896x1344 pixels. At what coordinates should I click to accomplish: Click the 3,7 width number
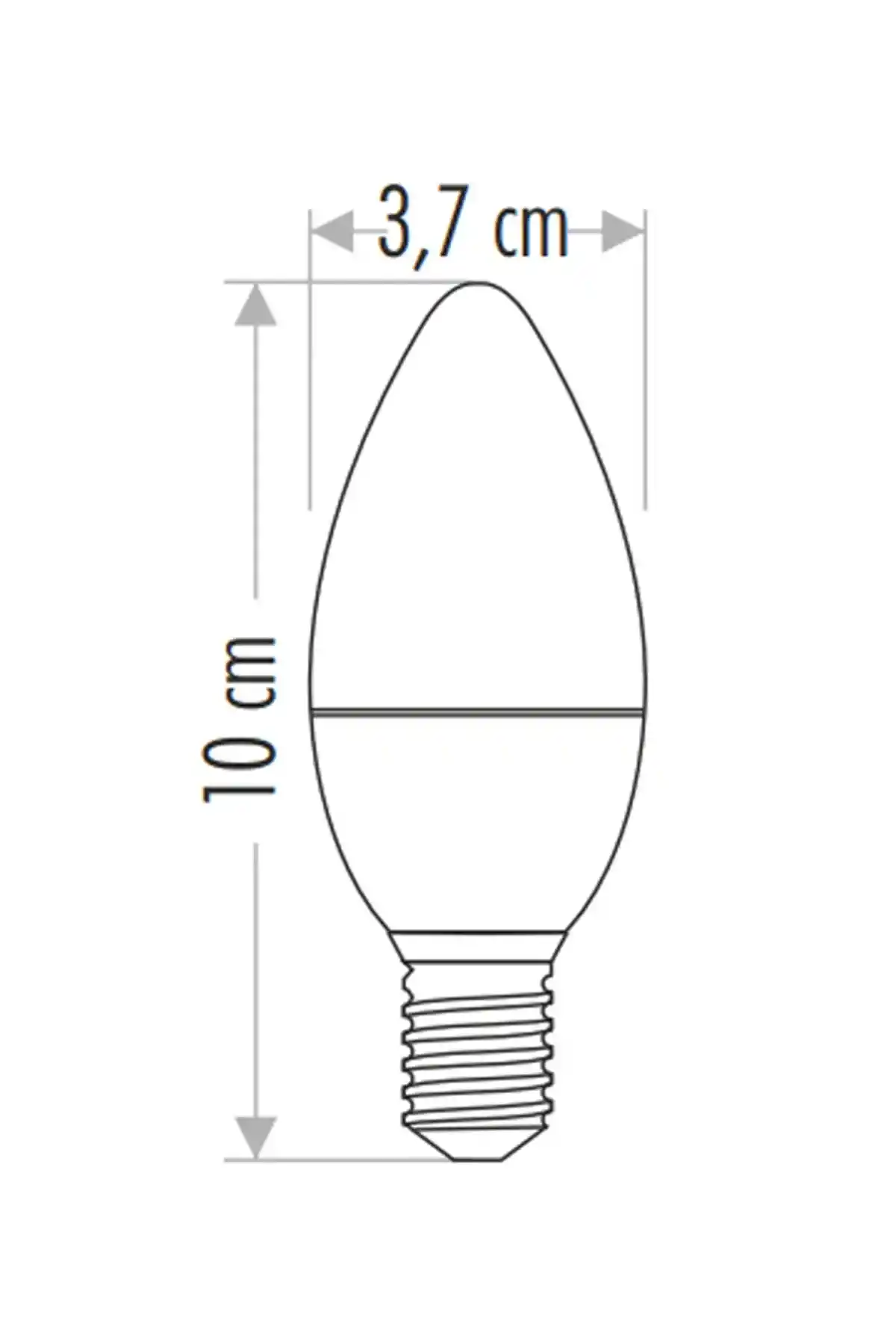click(x=415, y=224)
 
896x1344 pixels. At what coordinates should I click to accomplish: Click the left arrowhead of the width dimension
click(x=332, y=231)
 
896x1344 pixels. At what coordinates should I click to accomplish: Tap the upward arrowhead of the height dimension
click(x=256, y=305)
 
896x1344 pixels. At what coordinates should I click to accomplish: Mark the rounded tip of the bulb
click(x=478, y=284)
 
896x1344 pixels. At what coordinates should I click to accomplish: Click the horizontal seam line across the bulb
click(x=478, y=711)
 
